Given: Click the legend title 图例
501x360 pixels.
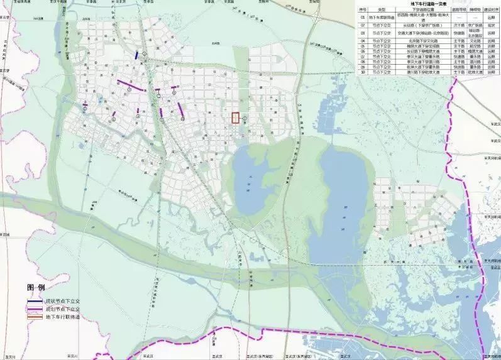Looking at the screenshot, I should click(36, 286).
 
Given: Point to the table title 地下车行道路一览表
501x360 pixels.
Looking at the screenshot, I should click(428, 4).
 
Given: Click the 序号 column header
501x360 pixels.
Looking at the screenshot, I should click(361, 10).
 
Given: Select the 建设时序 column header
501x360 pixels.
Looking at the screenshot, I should click(492, 10).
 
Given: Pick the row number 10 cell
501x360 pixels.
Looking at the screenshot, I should click(361, 72).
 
